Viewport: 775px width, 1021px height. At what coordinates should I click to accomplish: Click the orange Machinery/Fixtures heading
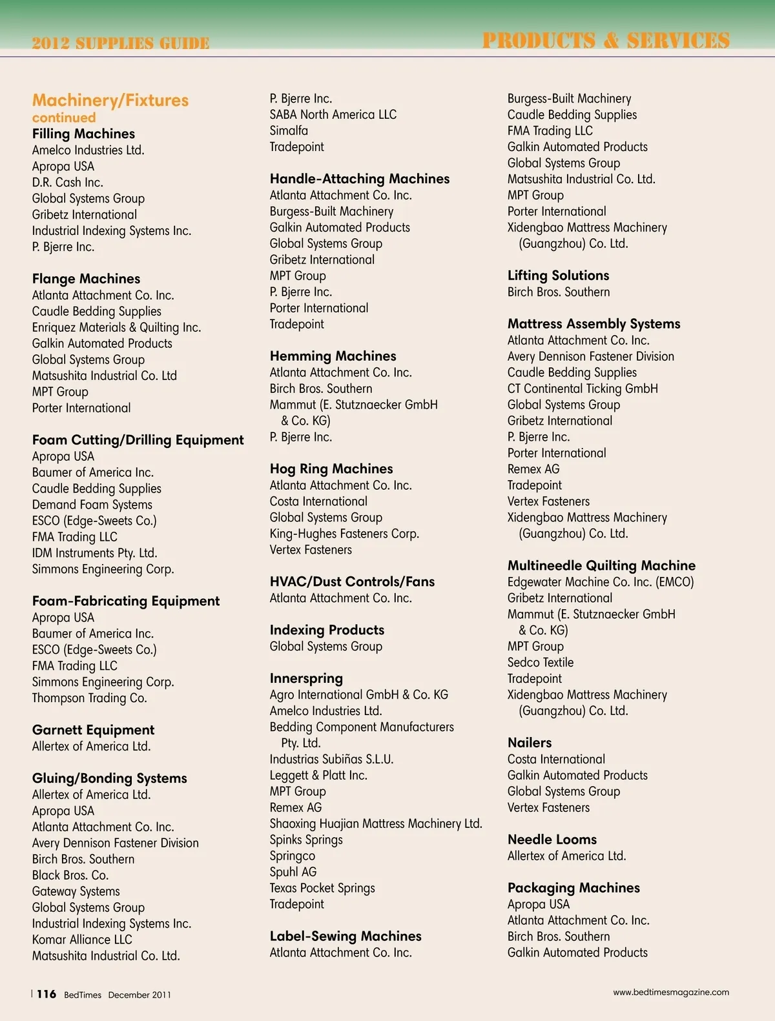tap(110, 101)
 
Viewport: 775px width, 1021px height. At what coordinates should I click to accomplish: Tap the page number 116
tap(46, 994)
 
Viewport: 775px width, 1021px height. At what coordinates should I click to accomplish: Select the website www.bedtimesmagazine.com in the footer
tap(671, 992)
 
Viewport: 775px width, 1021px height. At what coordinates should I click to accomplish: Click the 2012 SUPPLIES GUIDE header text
tap(121, 43)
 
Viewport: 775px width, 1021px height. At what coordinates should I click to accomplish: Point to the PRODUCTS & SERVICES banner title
tap(606, 41)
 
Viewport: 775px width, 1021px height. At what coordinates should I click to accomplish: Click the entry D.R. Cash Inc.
tap(68, 182)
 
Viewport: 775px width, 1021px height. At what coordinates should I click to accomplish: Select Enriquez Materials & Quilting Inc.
tap(116, 327)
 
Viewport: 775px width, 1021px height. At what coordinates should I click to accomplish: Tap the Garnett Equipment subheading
tap(94, 730)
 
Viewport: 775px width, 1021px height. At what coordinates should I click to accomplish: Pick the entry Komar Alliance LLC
tap(82, 940)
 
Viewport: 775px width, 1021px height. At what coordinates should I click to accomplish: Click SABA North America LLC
tap(333, 114)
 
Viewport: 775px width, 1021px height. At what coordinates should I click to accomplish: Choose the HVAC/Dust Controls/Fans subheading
tap(352, 581)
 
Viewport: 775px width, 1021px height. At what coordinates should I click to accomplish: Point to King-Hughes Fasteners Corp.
tap(344, 534)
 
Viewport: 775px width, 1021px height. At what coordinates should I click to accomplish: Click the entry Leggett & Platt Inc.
tap(318, 775)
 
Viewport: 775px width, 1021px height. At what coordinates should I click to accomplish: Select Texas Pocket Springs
tap(322, 888)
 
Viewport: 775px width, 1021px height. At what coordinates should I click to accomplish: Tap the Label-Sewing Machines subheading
tap(346, 936)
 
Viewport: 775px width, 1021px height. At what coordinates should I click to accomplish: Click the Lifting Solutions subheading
tap(558, 276)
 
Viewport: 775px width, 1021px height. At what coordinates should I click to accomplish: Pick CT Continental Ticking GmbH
tap(583, 389)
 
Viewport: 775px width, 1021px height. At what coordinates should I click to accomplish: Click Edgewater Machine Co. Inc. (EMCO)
tap(601, 582)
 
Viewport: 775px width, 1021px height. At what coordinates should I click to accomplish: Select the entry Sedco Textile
tap(541, 662)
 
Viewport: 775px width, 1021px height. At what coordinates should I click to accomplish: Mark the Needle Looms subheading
tap(552, 840)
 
